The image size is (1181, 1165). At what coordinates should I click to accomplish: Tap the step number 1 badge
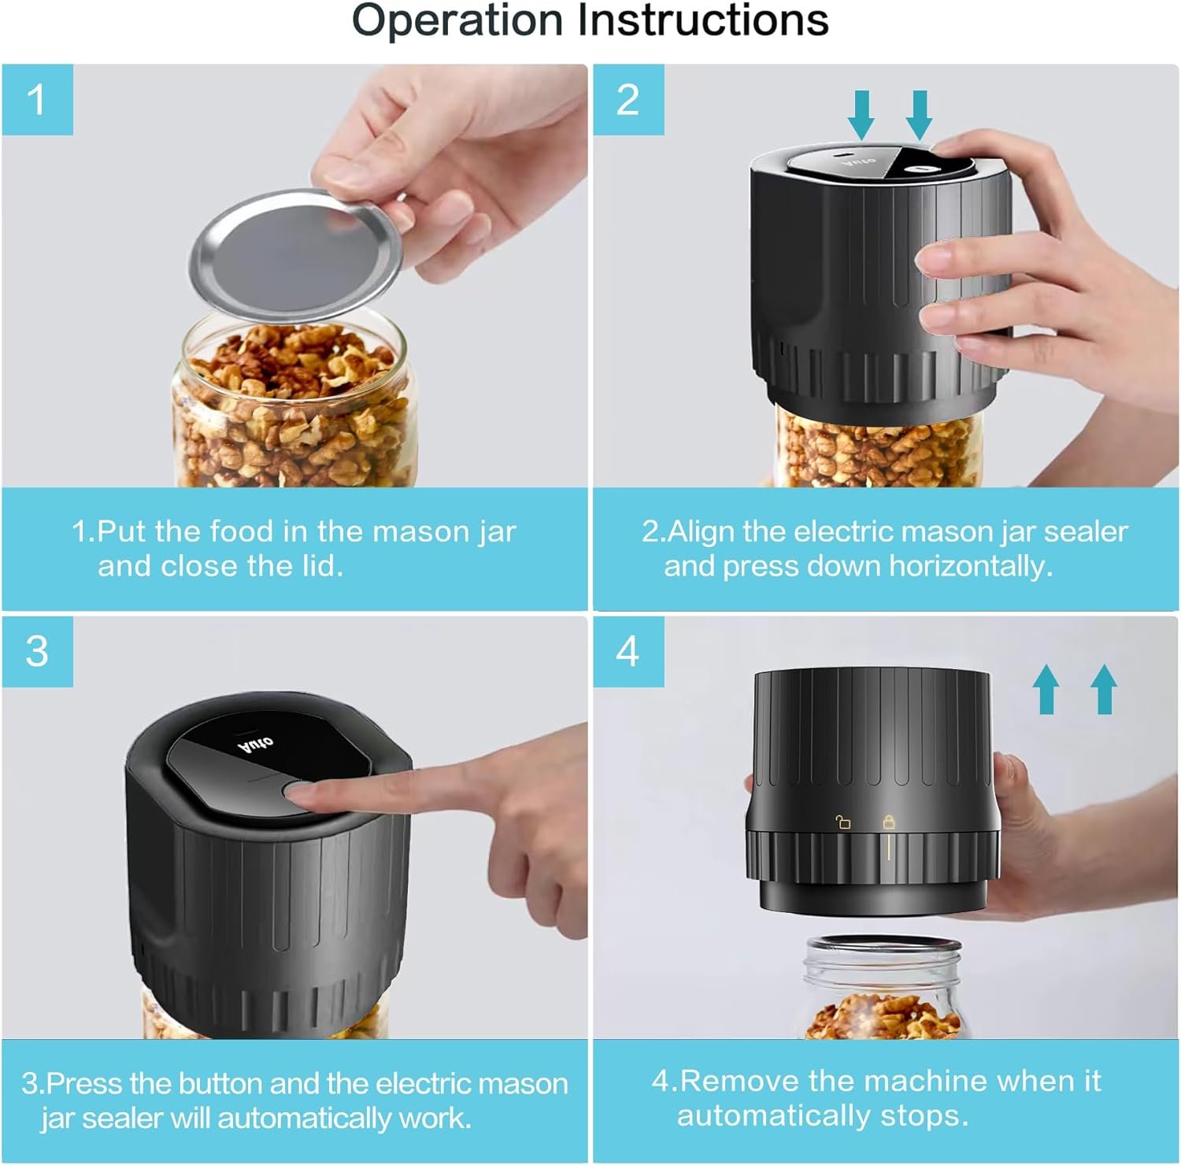point(37,100)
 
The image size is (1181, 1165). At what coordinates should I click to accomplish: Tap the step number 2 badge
point(628,100)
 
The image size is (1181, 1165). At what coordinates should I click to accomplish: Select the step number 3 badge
point(37,652)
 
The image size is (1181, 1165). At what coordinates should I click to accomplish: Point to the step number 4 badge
point(628,652)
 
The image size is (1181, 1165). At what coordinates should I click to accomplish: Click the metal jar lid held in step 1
point(295,253)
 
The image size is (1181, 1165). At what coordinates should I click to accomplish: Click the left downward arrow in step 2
point(861,115)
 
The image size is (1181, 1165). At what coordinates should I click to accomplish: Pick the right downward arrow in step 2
point(919,115)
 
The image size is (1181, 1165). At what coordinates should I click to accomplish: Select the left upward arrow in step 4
point(1046,689)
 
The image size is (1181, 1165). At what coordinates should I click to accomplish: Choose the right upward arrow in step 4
point(1104,689)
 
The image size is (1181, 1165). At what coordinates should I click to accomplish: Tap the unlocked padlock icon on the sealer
point(842,823)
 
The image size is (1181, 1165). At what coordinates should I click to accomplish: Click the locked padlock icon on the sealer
point(889,822)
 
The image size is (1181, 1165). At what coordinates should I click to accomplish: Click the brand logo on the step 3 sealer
point(257,742)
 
